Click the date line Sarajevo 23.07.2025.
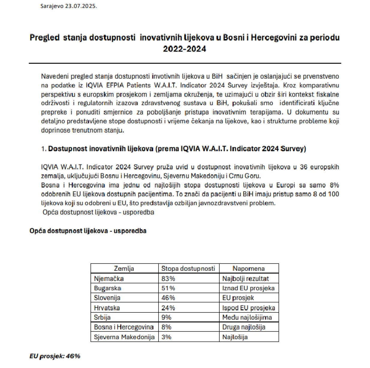tap(69, 6)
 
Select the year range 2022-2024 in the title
tap(185, 49)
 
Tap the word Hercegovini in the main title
tap(274, 38)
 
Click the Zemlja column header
tap(124, 268)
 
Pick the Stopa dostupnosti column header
tap(188, 268)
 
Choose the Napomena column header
tap(248, 268)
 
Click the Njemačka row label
tap(109, 278)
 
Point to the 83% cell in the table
tap(168, 278)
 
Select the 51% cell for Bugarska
tap(168, 288)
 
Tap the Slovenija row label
tap(107, 298)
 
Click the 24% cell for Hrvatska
tap(168, 308)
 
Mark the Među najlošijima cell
tap(247, 317)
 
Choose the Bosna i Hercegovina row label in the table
tap(124, 327)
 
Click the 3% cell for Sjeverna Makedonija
tap(166, 337)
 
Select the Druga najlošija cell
tap(244, 327)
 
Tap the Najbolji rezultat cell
tap(245, 278)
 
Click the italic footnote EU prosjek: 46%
tap(55, 356)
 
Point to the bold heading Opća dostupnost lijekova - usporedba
tap(88, 231)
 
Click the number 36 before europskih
tap(303, 167)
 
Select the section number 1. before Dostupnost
tap(44, 149)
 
